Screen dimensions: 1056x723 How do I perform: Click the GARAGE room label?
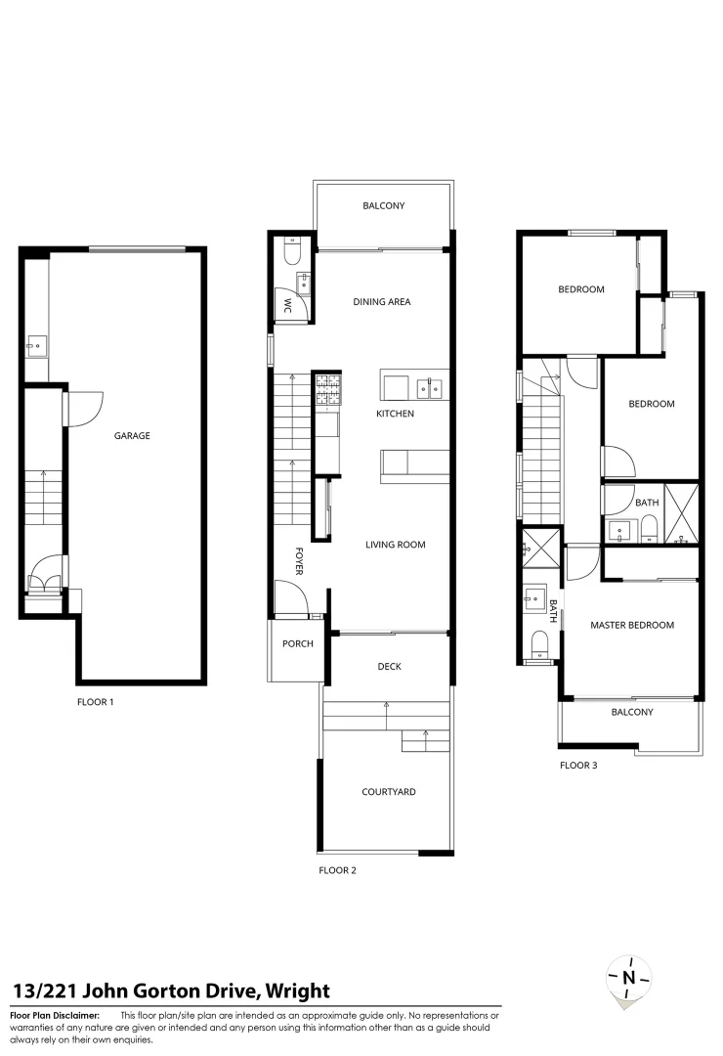pyautogui.click(x=134, y=436)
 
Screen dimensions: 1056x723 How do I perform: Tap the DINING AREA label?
pyautogui.click(x=382, y=302)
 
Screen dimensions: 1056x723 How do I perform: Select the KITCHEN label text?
pyautogui.click(x=396, y=414)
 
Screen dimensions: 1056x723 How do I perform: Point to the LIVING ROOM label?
pyautogui.click(x=396, y=545)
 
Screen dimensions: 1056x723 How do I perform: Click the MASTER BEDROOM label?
pyautogui.click(x=632, y=625)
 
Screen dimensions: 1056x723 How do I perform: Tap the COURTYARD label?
pyautogui.click(x=388, y=792)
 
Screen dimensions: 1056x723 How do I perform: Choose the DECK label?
pyautogui.click(x=389, y=667)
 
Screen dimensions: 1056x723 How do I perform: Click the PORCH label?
pyautogui.click(x=297, y=644)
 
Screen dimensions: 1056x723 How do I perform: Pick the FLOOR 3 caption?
pyautogui.click(x=578, y=765)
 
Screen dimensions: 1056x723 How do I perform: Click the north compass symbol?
pyautogui.click(x=629, y=977)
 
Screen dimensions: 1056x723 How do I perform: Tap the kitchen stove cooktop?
pyautogui.click(x=327, y=390)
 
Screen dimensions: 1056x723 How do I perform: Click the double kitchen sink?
pyautogui.click(x=429, y=388)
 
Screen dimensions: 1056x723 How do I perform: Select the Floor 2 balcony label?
pyautogui.click(x=384, y=206)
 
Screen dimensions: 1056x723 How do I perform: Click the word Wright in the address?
pyautogui.click(x=297, y=991)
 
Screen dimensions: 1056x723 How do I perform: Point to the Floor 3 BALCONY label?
pyautogui.click(x=632, y=712)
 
